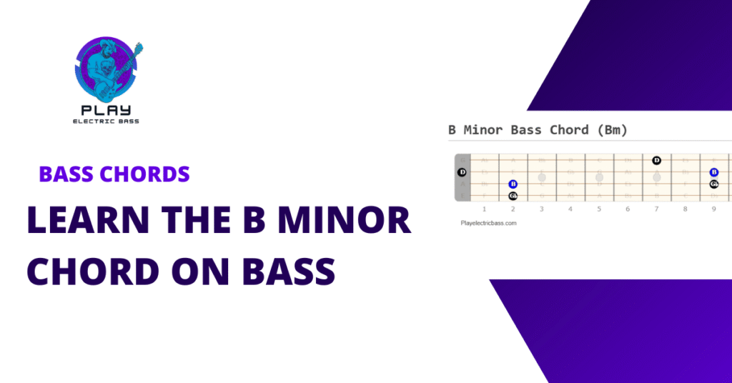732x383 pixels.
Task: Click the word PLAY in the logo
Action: click(107, 111)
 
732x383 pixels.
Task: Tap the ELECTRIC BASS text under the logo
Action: click(107, 121)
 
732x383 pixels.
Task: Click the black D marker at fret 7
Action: click(656, 160)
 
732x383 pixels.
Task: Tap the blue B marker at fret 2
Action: click(513, 184)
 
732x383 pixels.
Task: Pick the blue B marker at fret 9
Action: click(713, 172)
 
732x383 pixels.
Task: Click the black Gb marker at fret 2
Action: click(513, 196)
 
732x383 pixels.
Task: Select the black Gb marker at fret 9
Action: click(713, 184)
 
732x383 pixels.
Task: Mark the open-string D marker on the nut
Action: click(462, 172)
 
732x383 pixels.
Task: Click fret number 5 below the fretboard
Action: click(599, 209)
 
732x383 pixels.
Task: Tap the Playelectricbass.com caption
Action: click(489, 223)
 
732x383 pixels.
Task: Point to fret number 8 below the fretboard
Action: click(685, 209)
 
